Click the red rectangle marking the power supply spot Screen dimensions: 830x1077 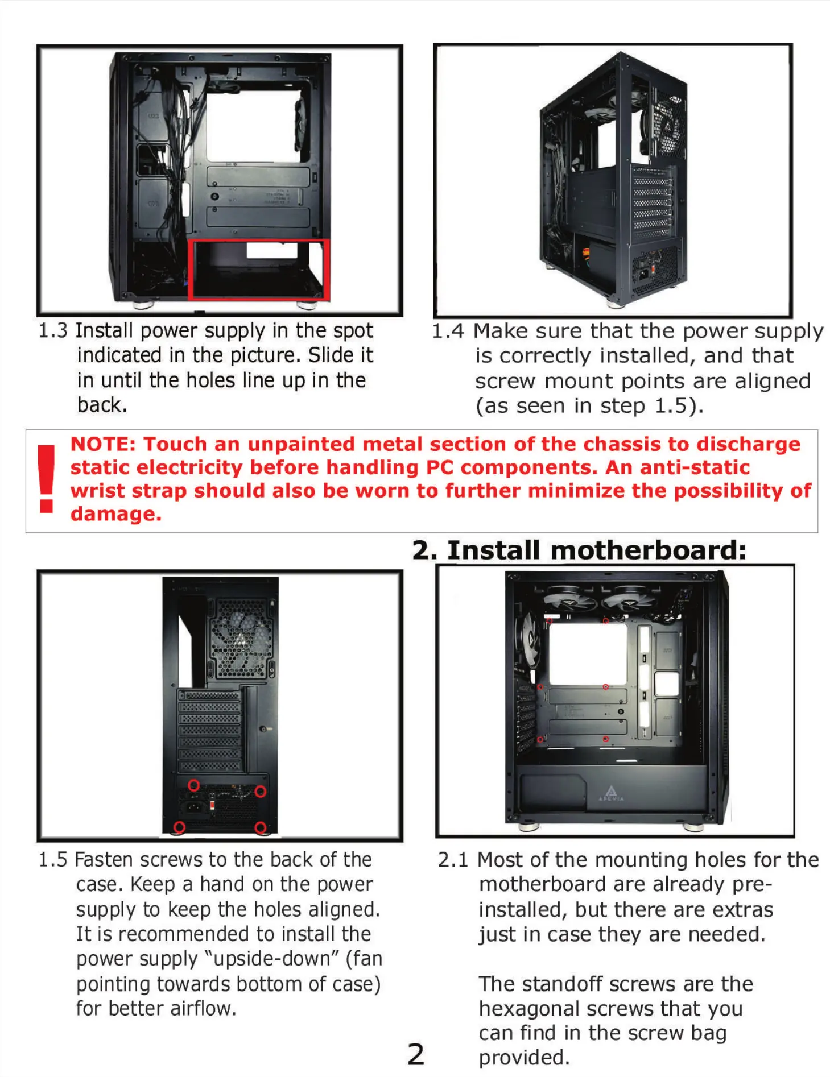point(259,269)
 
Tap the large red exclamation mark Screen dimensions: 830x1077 point(46,479)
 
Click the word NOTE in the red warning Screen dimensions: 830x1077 point(102,444)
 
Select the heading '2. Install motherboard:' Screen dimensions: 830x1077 point(579,550)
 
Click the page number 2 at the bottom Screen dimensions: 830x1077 point(416,1054)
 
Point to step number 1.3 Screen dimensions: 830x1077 point(53,330)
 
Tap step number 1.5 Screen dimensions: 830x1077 point(53,859)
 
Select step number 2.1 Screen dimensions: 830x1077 point(453,859)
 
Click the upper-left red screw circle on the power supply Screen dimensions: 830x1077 point(194,785)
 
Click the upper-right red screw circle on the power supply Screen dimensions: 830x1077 point(260,792)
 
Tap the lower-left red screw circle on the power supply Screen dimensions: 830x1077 point(180,827)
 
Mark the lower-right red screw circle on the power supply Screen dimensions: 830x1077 point(261,827)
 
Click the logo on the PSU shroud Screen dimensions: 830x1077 point(610,793)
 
